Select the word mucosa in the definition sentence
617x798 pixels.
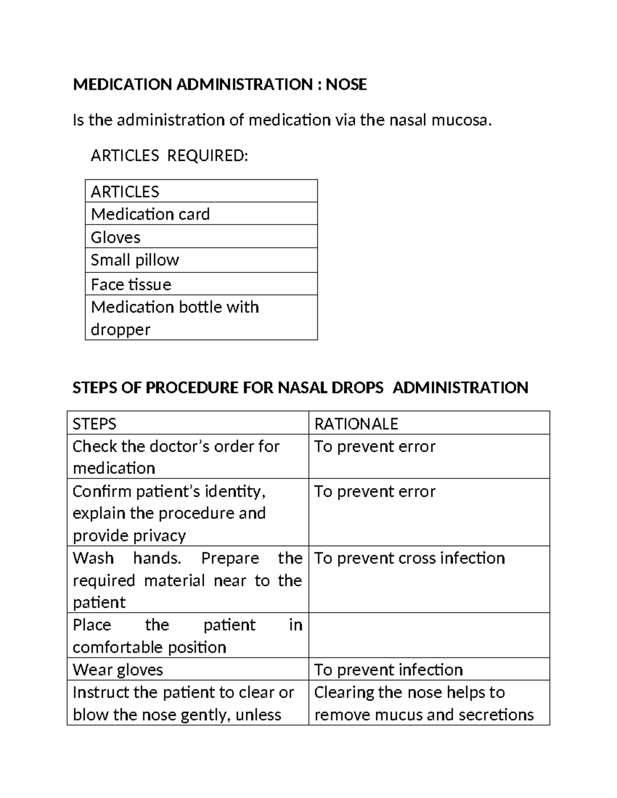tap(461, 120)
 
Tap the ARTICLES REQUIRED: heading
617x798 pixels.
tap(169, 155)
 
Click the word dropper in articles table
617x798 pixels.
tap(120, 329)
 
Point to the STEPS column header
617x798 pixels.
tap(95, 423)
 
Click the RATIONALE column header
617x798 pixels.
tap(356, 423)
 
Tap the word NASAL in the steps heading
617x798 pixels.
tap(302, 387)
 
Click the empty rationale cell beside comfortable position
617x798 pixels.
tap(429, 635)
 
